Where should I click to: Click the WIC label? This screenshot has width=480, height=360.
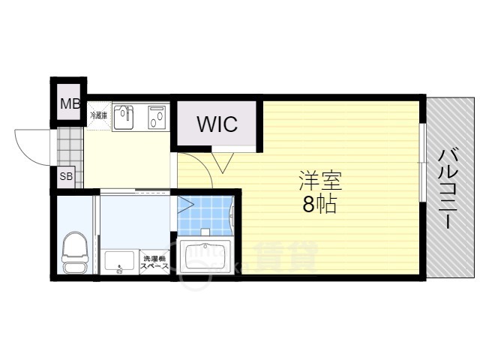click(x=217, y=124)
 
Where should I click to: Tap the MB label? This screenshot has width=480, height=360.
click(x=70, y=104)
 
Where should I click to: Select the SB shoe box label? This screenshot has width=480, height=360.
click(x=67, y=178)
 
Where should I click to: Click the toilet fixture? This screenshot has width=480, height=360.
click(x=73, y=252)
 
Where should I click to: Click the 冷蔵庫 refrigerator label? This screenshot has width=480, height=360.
click(x=98, y=115)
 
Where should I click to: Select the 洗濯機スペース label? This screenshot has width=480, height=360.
click(x=154, y=263)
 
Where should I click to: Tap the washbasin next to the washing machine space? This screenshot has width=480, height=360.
click(x=119, y=263)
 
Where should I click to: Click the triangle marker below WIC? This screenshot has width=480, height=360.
click(x=223, y=161)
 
